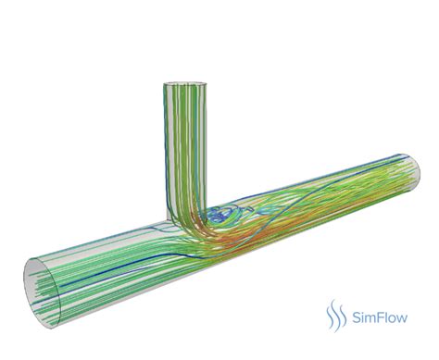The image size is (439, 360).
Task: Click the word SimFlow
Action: (380, 317)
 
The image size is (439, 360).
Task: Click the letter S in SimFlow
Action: (357, 317)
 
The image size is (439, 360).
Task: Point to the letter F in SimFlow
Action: (379, 317)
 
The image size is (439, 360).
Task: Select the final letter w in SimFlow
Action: (402, 319)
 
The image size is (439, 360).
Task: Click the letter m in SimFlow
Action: (370, 319)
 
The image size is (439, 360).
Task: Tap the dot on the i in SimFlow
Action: (363, 312)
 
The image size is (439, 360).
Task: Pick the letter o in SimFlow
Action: (391, 319)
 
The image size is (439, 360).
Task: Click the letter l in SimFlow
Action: (385, 317)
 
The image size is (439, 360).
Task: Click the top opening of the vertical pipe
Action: (184, 82)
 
